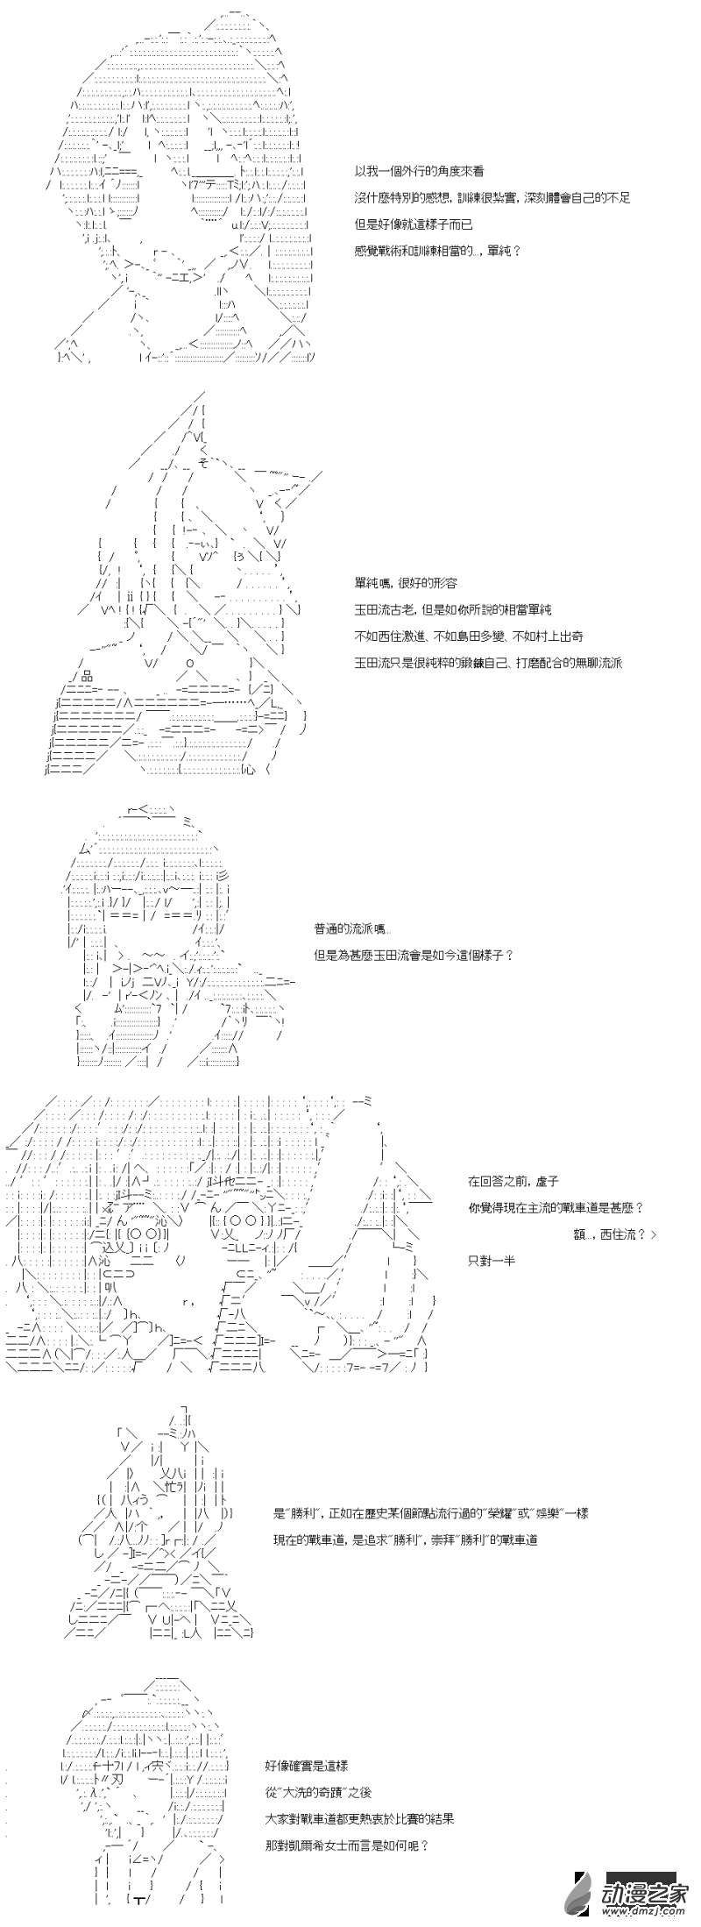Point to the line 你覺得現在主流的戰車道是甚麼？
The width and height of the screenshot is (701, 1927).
click(x=556, y=1207)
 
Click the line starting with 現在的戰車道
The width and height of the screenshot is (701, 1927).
click(x=406, y=1539)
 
